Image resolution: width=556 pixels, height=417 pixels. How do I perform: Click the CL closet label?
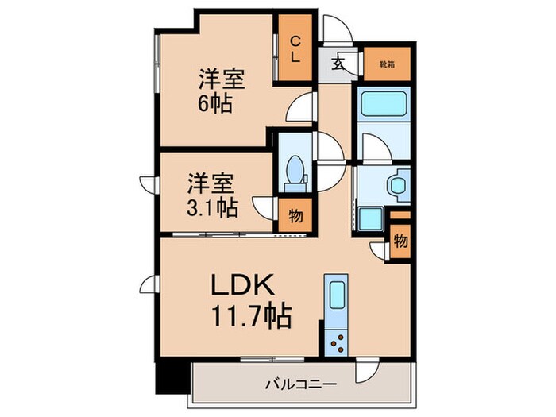pos(294,49)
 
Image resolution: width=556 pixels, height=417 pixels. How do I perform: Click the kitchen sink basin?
pos(335,297)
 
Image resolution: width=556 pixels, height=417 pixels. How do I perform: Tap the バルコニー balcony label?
pos(300,384)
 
